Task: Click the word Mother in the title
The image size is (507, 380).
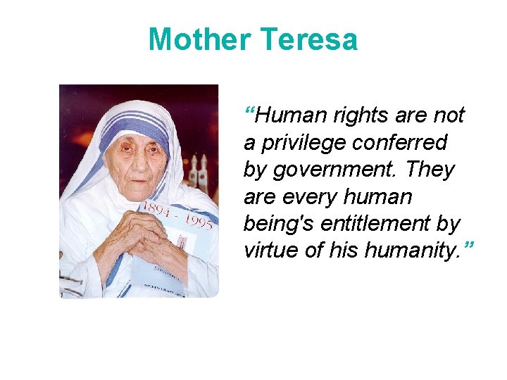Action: [198, 39]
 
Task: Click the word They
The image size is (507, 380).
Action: [430, 170]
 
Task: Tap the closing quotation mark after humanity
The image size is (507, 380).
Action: [468, 247]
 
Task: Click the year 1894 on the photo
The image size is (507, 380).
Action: [156, 209]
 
